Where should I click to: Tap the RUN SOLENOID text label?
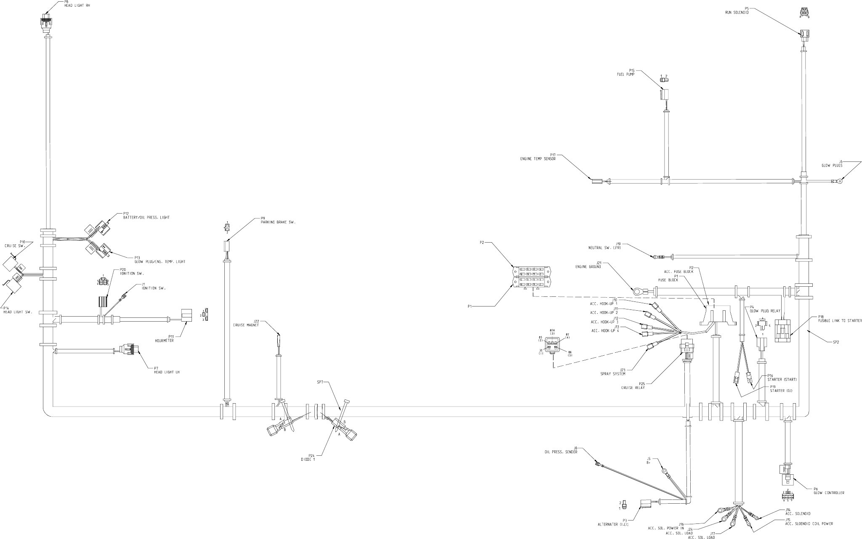click(x=736, y=12)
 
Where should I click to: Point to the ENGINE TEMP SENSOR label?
click(x=537, y=159)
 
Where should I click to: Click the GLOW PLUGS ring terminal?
click(x=839, y=182)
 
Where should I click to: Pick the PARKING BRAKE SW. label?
click(x=278, y=222)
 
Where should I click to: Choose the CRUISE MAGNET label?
click(x=247, y=325)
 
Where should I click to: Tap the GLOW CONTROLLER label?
click(x=829, y=493)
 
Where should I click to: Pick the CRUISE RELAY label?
click(x=635, y=388)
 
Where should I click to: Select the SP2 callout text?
click(x=835, y=343)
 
